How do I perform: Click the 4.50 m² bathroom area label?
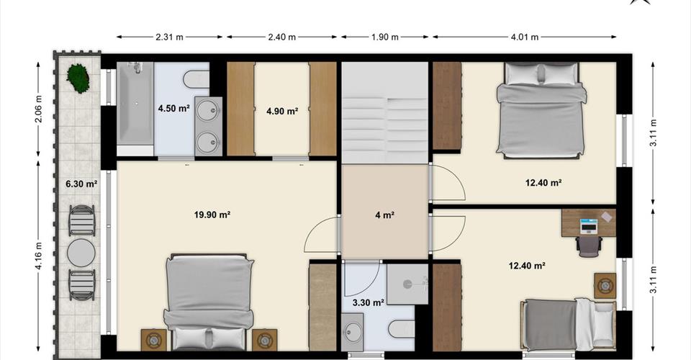173,108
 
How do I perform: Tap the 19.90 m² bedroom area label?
212,215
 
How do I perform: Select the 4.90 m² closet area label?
282,111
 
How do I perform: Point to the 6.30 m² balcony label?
81,184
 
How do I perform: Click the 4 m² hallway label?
384,215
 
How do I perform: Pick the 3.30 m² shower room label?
368,302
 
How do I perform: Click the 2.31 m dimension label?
169,37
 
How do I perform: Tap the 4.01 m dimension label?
525,37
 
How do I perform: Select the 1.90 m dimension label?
384,37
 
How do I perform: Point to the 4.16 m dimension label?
38,256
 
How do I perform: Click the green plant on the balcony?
78,78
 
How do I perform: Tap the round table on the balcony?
81,253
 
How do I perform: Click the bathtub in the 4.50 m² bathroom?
135,103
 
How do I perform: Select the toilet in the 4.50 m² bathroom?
196,79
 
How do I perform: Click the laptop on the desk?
589,225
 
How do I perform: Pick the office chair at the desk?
589,246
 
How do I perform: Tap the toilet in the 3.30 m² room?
402,329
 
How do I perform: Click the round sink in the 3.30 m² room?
353,330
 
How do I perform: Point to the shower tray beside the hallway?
407,284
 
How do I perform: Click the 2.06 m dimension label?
38,109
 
